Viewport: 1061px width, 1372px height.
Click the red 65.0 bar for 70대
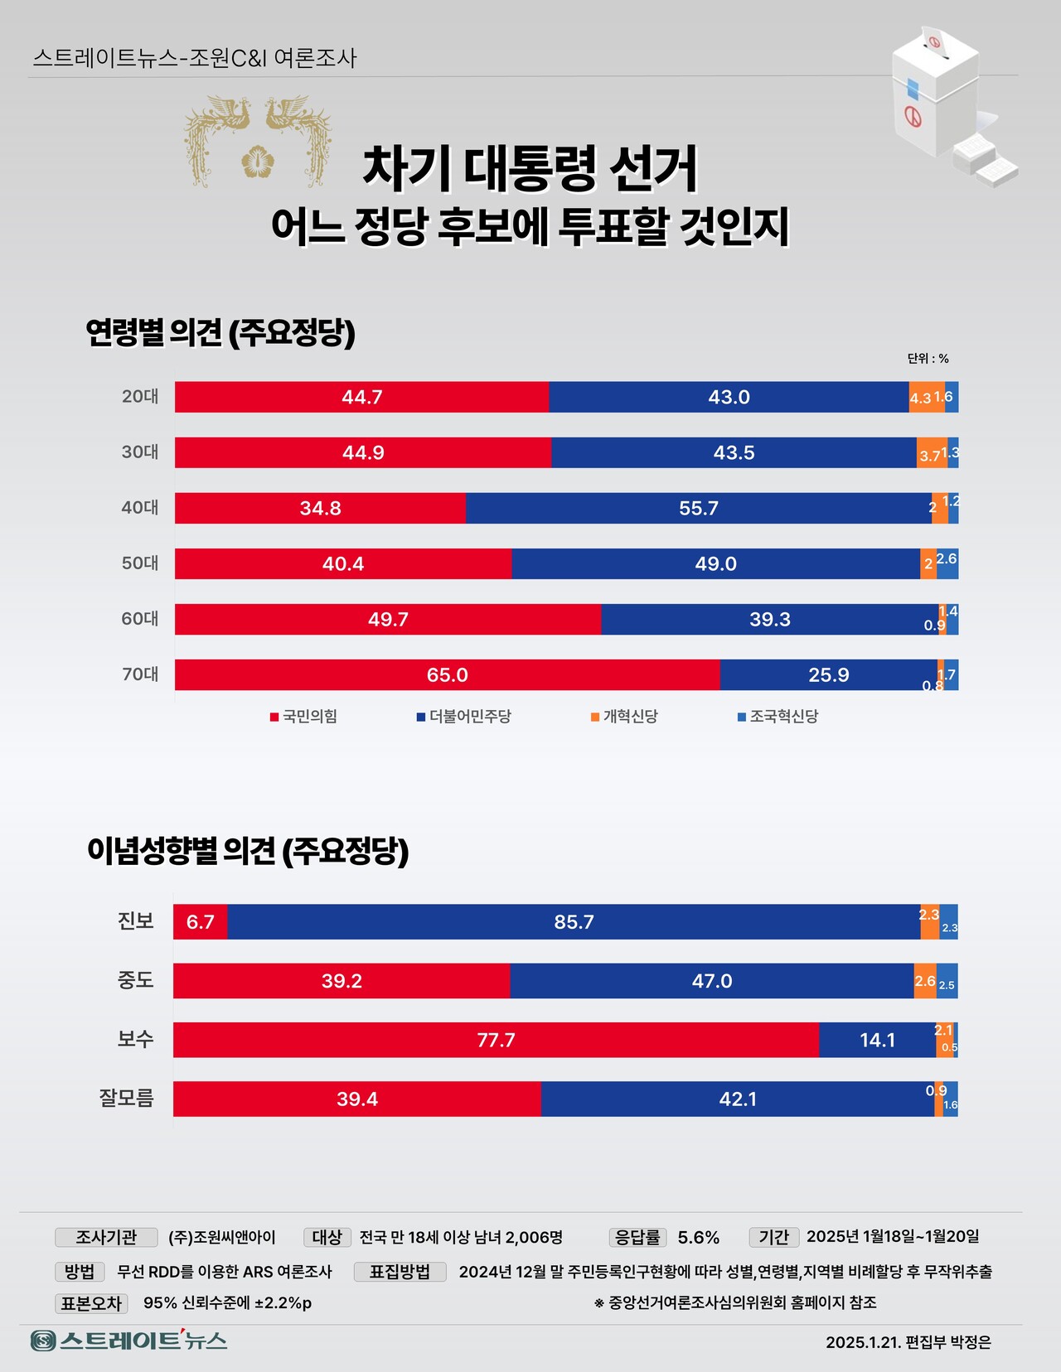point(447,674)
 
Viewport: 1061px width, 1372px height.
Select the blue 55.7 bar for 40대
point(698,508)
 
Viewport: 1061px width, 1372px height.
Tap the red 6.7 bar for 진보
point(200,922)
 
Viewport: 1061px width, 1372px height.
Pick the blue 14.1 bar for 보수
point(877,1040)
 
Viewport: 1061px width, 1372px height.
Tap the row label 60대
point(140,619)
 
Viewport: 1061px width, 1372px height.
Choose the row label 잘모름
point(127,1099)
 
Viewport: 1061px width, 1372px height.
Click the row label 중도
point(135,981)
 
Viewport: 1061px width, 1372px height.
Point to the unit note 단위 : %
point(928,359)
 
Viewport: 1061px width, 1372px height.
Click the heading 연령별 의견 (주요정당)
point(220,333)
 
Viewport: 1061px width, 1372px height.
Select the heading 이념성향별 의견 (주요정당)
point(248,851)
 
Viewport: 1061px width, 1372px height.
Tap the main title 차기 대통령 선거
point(530,169)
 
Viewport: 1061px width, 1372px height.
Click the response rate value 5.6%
point(698,1238)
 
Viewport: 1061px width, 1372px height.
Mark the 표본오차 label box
point(91,1303)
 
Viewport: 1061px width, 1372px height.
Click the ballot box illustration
point(945,104)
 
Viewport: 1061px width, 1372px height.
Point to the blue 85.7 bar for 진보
point(574,922)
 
